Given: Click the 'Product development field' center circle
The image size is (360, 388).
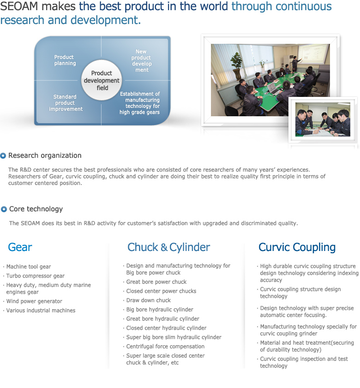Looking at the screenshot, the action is (102, 80).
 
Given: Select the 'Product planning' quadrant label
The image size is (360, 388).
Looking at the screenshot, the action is (65, 60).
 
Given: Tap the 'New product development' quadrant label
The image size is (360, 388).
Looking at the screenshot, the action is (141, 60).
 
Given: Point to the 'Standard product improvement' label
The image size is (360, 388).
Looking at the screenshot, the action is (66, 103).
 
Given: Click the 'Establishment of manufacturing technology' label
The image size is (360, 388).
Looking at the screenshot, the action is (140, 103).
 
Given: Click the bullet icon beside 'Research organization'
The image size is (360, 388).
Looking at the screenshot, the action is (3, 155).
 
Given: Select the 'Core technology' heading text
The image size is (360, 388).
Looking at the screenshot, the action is (36, 209).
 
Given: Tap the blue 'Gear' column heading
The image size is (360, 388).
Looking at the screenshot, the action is (20, 247).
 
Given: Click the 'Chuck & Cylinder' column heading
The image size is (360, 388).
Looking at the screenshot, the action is (168, 247).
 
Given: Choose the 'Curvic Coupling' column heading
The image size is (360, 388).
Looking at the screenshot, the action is (297, 247).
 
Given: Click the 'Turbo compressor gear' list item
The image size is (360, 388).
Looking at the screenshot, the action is (36, 276).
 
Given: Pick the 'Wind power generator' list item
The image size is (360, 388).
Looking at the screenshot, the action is (34, 301).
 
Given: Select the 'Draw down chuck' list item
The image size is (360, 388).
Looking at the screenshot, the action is (149, 300).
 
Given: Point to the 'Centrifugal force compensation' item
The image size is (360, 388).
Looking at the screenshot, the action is (165, 346).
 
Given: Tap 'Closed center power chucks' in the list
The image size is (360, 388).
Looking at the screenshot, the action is (161, 291).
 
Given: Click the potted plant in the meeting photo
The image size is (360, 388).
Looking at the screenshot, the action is (236, 66).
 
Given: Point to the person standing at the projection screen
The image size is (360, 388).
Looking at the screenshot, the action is (295, 64).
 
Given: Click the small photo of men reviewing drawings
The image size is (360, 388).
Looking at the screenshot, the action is (323, 119).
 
